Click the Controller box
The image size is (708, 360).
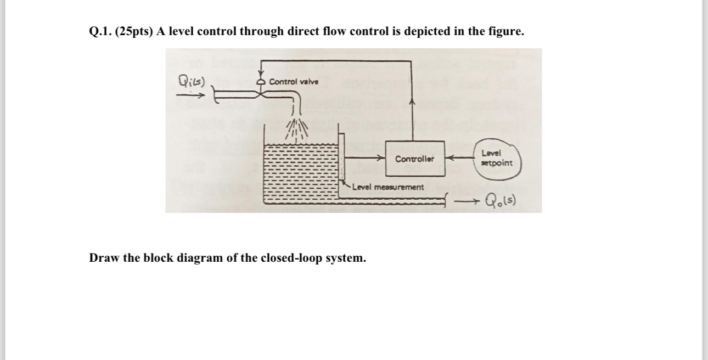415,159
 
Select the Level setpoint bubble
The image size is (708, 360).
497,158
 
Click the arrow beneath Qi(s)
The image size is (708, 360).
189,94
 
